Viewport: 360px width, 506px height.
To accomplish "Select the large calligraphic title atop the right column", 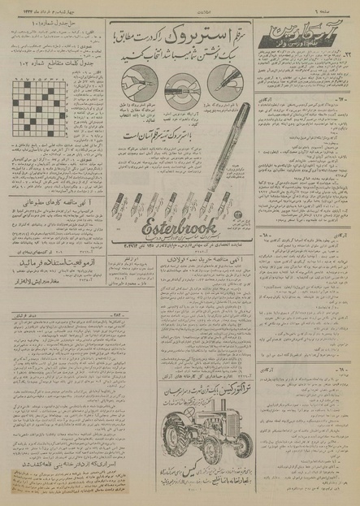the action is click(308, 31).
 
